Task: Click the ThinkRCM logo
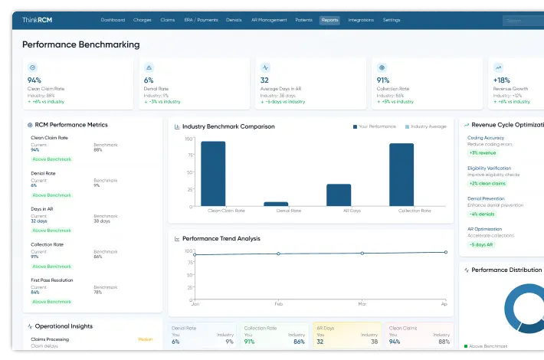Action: click(x=37, y=20)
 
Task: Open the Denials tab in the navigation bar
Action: click(x=234, y=20)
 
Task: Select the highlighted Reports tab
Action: click(x=329, y=20)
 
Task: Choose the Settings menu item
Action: click(x=391, y=20)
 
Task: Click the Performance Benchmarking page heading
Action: click(x=81, y=44)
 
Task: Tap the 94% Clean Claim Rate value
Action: click(x=34, y=80)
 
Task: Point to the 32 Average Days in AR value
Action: click(x=264, y=80)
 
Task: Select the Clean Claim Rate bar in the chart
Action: click(x=213, y=174)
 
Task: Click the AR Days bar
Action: click(x=339, y=195)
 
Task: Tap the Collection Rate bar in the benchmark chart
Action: click(x=401, y=175)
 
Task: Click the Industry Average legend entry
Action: click(x=425, y=126)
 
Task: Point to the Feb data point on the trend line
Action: click(x=278, y=254)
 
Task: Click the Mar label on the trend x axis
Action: click(x=362, y=303)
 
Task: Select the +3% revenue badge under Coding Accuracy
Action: click(x=483, y=152)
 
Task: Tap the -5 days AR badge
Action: click(x=482, y=244)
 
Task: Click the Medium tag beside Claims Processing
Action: click(x=145, y=339)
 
